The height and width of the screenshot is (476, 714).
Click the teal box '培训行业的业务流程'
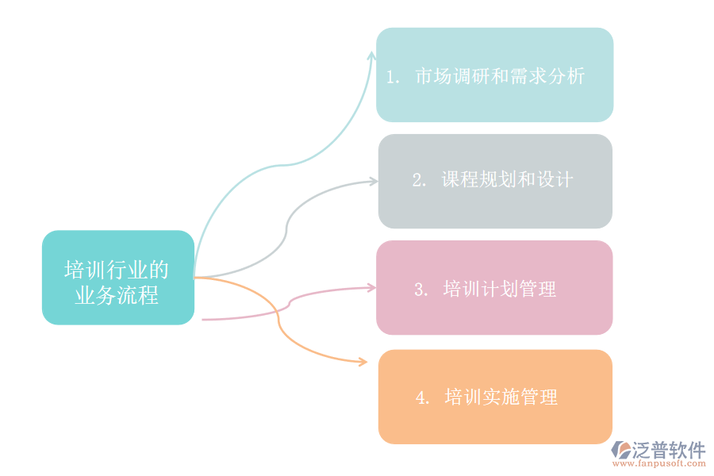point(118,278)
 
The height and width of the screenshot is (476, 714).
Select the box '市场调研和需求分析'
point(494,75)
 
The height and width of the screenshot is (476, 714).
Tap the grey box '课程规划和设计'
point(495,182)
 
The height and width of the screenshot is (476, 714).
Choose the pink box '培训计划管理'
point(494,287)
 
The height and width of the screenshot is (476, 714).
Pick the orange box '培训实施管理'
point(495,397)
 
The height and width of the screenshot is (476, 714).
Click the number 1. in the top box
point(393,77)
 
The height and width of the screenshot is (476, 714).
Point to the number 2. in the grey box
point(419,180)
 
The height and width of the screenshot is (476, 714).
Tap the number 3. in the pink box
point(421,290)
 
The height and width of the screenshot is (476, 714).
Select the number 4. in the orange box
point(422,397)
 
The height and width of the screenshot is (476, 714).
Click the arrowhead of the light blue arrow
point(372,55)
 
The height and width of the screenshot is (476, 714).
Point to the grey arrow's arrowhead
point(374,182)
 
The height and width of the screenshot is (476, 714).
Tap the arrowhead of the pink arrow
point(372,287)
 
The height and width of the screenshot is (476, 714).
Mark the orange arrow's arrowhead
point(363,362)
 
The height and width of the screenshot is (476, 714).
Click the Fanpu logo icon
point(621,450)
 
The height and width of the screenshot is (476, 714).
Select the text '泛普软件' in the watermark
point(669,450)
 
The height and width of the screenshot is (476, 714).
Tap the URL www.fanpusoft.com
point(659,463)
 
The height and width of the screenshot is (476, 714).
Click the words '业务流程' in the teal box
point(117,295)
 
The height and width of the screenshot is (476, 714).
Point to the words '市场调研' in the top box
point(453,76)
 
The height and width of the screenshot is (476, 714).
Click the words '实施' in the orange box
point(501,397)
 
